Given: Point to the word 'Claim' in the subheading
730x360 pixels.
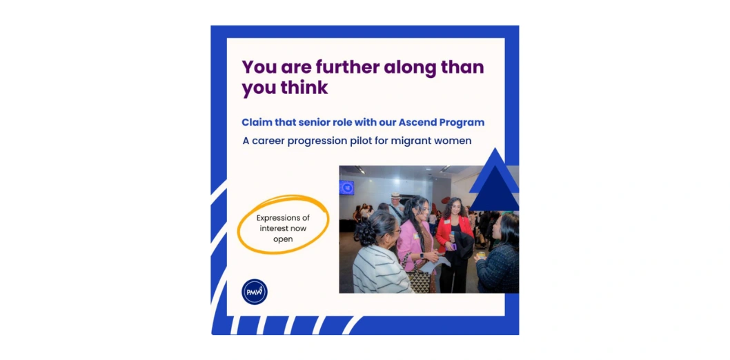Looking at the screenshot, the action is pyautogui.click(x=254, y=122).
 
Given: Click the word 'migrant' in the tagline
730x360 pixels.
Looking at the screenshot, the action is pyautogui.click(x=411, y=141).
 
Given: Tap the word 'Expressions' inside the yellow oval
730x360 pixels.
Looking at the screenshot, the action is pyautogui.click(x=283, y=218).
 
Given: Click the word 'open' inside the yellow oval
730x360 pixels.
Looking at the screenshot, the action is pyautogui.click(x=283, y=239).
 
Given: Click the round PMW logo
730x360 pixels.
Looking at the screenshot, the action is pyautogui.click(x=255, y=292).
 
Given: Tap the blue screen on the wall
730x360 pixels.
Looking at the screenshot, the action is pyautogui.click(x=346, y=188).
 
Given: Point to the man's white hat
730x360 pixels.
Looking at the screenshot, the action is pyautogui.click(x=396, y=196).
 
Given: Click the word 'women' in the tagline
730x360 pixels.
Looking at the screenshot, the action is pyautogui.click(x=453, y=141).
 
